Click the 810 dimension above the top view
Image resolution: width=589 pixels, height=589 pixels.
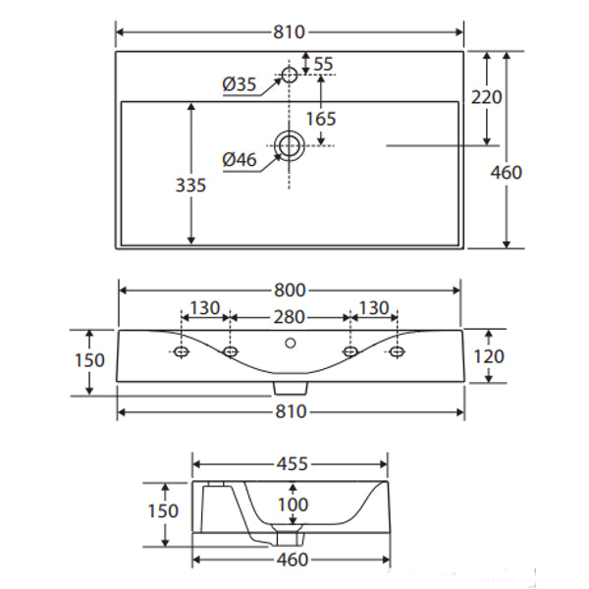click(x=290, y=31)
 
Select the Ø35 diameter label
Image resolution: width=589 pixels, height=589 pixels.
click(x=240, y=85)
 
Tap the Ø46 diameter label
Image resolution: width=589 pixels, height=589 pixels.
click(x=240, y=158)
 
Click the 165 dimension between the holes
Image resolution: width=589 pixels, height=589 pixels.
click(x=320, y=118)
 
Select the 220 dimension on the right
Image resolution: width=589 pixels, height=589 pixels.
click(x=487, y=97)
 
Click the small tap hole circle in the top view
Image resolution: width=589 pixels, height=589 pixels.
click(x=290, y=75)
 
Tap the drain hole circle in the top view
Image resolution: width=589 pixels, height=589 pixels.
click(x=290, y=146)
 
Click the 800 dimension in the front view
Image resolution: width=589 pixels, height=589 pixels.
click(x=290, y=290)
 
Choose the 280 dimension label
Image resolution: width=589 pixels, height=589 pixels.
click(x=290, y=317)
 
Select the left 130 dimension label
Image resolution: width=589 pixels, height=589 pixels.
click(x=205, y=308)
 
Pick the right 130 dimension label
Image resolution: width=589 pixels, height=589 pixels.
click(x=373, y=308)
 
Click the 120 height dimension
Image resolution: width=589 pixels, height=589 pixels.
click(x=488, y=357)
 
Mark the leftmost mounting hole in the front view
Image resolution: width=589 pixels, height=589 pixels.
click(x=182, y=351)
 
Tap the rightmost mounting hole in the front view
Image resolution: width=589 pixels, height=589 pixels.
click(x=397, y=351)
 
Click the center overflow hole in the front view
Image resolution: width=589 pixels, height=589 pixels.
click(x=290, y=344)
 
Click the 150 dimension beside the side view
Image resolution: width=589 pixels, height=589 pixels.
click(x=162, y=510)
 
